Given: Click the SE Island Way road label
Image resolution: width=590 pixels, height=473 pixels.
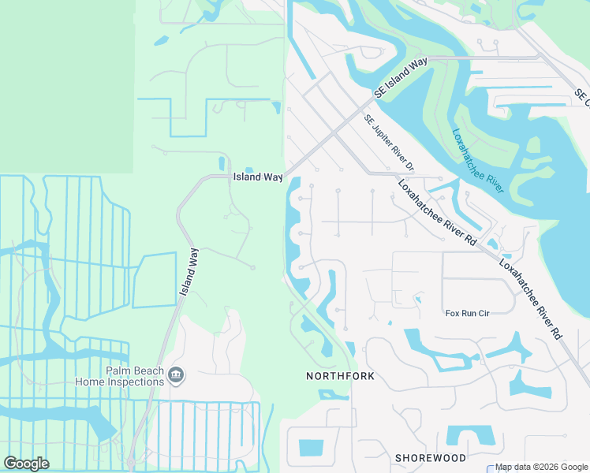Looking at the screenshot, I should (x=401, y=77).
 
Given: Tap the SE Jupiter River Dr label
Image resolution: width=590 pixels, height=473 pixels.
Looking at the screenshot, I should (x=389, y=143).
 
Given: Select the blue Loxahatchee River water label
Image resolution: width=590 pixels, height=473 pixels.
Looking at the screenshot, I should (x=477, y=162).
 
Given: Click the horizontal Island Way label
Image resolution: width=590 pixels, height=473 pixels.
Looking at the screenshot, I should (x=257, y=177).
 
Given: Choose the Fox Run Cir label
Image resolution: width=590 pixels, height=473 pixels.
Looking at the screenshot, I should (x=468, y=313).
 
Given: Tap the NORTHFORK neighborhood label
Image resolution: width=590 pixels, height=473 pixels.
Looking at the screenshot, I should (x=340, y=376).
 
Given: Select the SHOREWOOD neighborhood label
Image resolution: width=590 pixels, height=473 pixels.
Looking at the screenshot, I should (x=431, y=457).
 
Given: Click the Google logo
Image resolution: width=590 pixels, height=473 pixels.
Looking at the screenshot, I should (x=26, y=463).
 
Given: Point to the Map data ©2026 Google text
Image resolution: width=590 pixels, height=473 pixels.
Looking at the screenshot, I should (x=542, y=467).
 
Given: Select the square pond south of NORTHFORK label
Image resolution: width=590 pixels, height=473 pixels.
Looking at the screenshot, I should (x=311, y=447).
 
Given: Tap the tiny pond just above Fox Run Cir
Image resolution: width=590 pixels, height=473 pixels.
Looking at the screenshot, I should (x=417, y=299).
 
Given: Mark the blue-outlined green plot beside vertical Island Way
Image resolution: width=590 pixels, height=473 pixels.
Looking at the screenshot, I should (x=154, y=281).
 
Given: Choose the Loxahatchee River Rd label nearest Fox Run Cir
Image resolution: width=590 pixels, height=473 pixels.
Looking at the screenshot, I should (x=532, y=299).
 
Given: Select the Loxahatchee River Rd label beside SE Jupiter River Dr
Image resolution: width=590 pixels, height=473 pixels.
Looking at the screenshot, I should (x=437, y=213).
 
